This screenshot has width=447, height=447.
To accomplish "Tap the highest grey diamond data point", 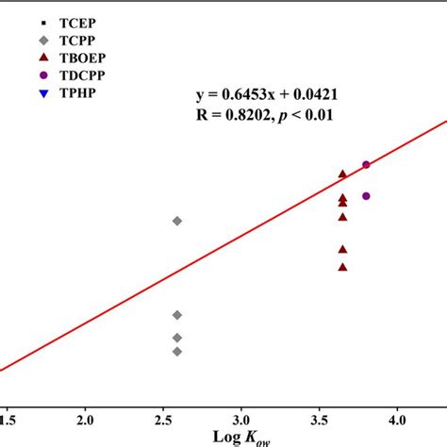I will point(177,221).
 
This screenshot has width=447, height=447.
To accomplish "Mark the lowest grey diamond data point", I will point(177,351).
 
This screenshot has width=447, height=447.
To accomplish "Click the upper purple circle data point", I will point(366,165).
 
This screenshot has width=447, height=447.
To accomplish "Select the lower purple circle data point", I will point(366,196).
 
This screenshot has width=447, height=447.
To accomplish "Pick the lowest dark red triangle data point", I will point(343,266).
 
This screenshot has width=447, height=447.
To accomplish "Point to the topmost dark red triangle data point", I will point(343,174).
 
